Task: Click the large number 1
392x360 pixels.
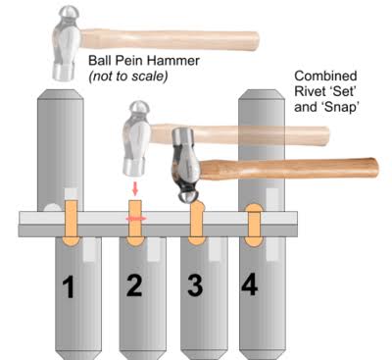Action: pos(70,286)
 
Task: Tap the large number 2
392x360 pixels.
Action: pos(134,285)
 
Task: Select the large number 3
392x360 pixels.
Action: pos(195,285)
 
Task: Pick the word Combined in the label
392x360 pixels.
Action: pos(325,76)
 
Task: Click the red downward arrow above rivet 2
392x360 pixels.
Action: pos(135,189)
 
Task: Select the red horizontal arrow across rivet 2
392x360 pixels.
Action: pos(136,218)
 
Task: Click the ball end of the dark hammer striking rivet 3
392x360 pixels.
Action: pos(186,197)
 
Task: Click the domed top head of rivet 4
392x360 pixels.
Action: pos(254,208)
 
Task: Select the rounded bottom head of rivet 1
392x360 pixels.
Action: pos(71,240)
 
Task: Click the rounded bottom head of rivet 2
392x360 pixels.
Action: pos(135,241)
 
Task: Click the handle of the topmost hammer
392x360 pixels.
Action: pos(170,38)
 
